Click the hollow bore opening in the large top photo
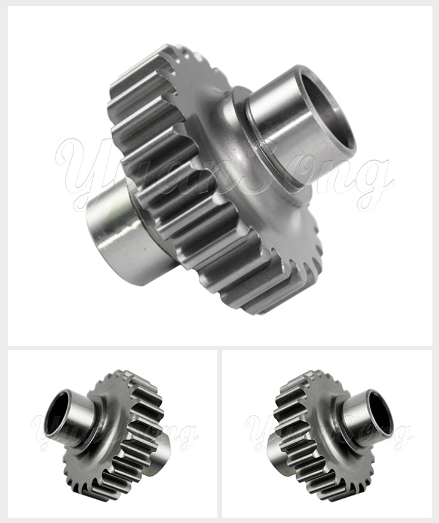pos(327,114)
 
